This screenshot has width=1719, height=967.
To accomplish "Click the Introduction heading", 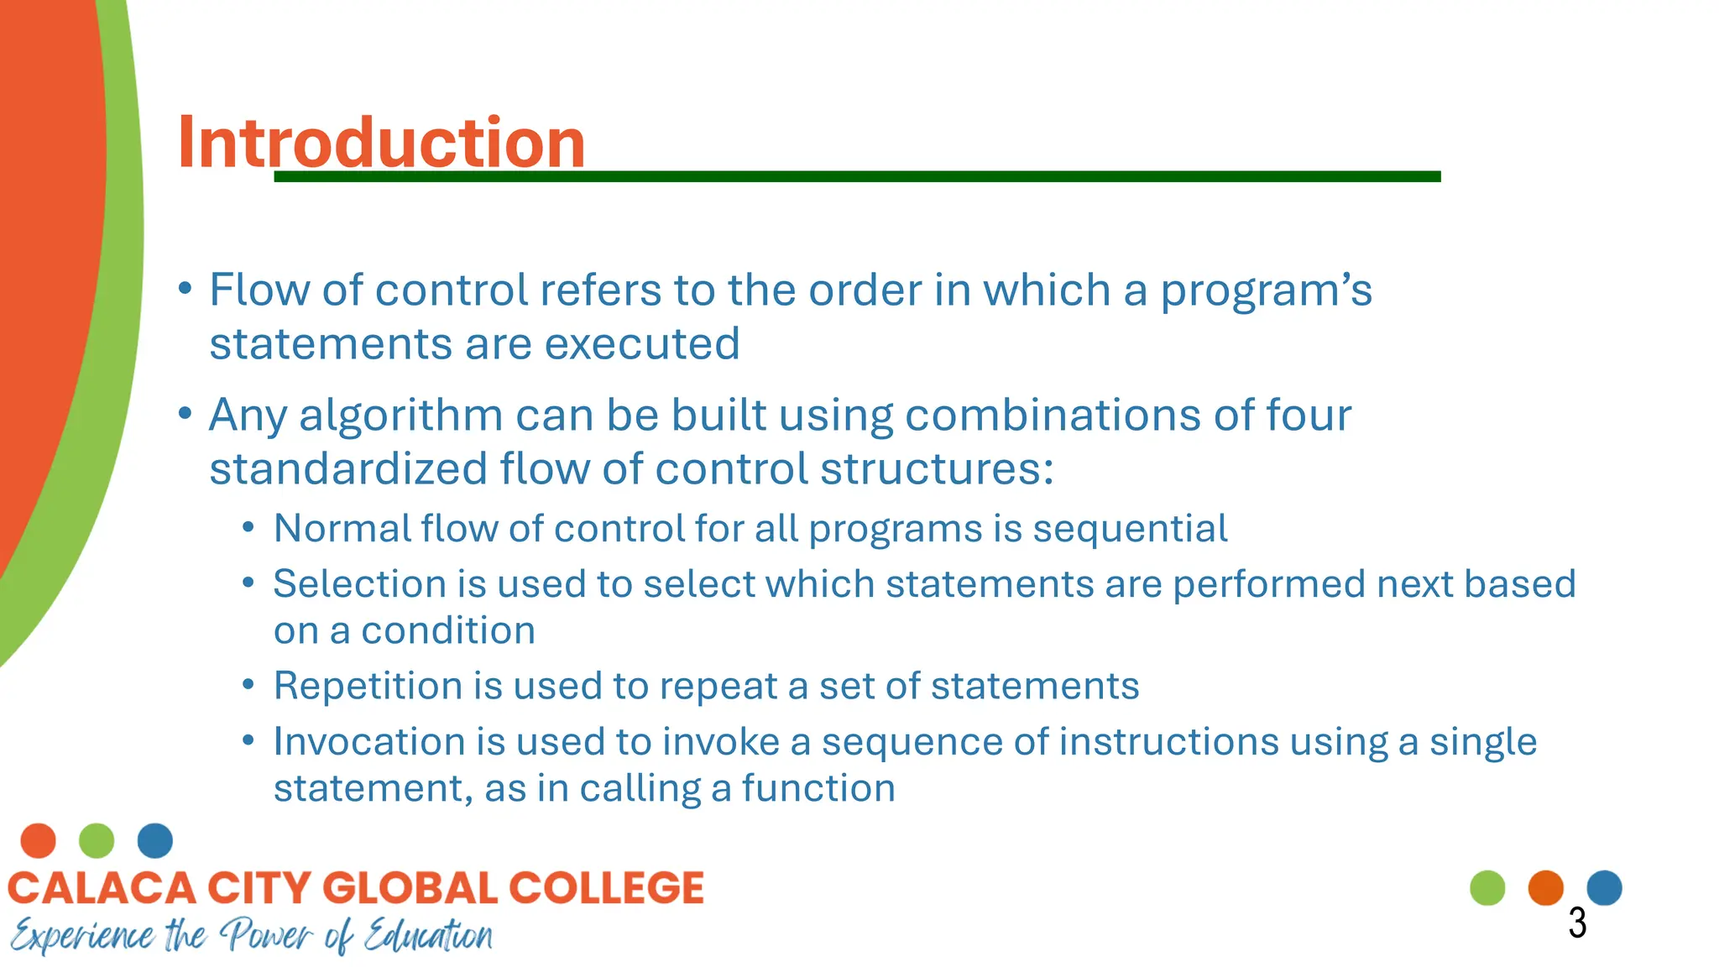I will coord(381,143).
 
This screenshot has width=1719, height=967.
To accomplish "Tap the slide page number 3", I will coord(1577,923).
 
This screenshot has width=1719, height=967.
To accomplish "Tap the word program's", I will coord(1266,291).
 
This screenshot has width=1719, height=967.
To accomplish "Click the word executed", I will coord(642,344).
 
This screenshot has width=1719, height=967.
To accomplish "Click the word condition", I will coord(448,631).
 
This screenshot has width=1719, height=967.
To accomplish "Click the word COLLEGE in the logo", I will coord(606,888).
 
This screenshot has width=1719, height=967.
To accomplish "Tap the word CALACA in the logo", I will coord(102,888).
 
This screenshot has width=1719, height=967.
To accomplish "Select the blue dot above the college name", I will coord(155,840).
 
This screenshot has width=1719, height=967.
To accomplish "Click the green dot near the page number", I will coord(1487,888).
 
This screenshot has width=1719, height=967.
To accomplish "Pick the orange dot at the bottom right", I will coord(1545,888).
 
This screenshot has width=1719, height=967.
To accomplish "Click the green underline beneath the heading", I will coord(856,176).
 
